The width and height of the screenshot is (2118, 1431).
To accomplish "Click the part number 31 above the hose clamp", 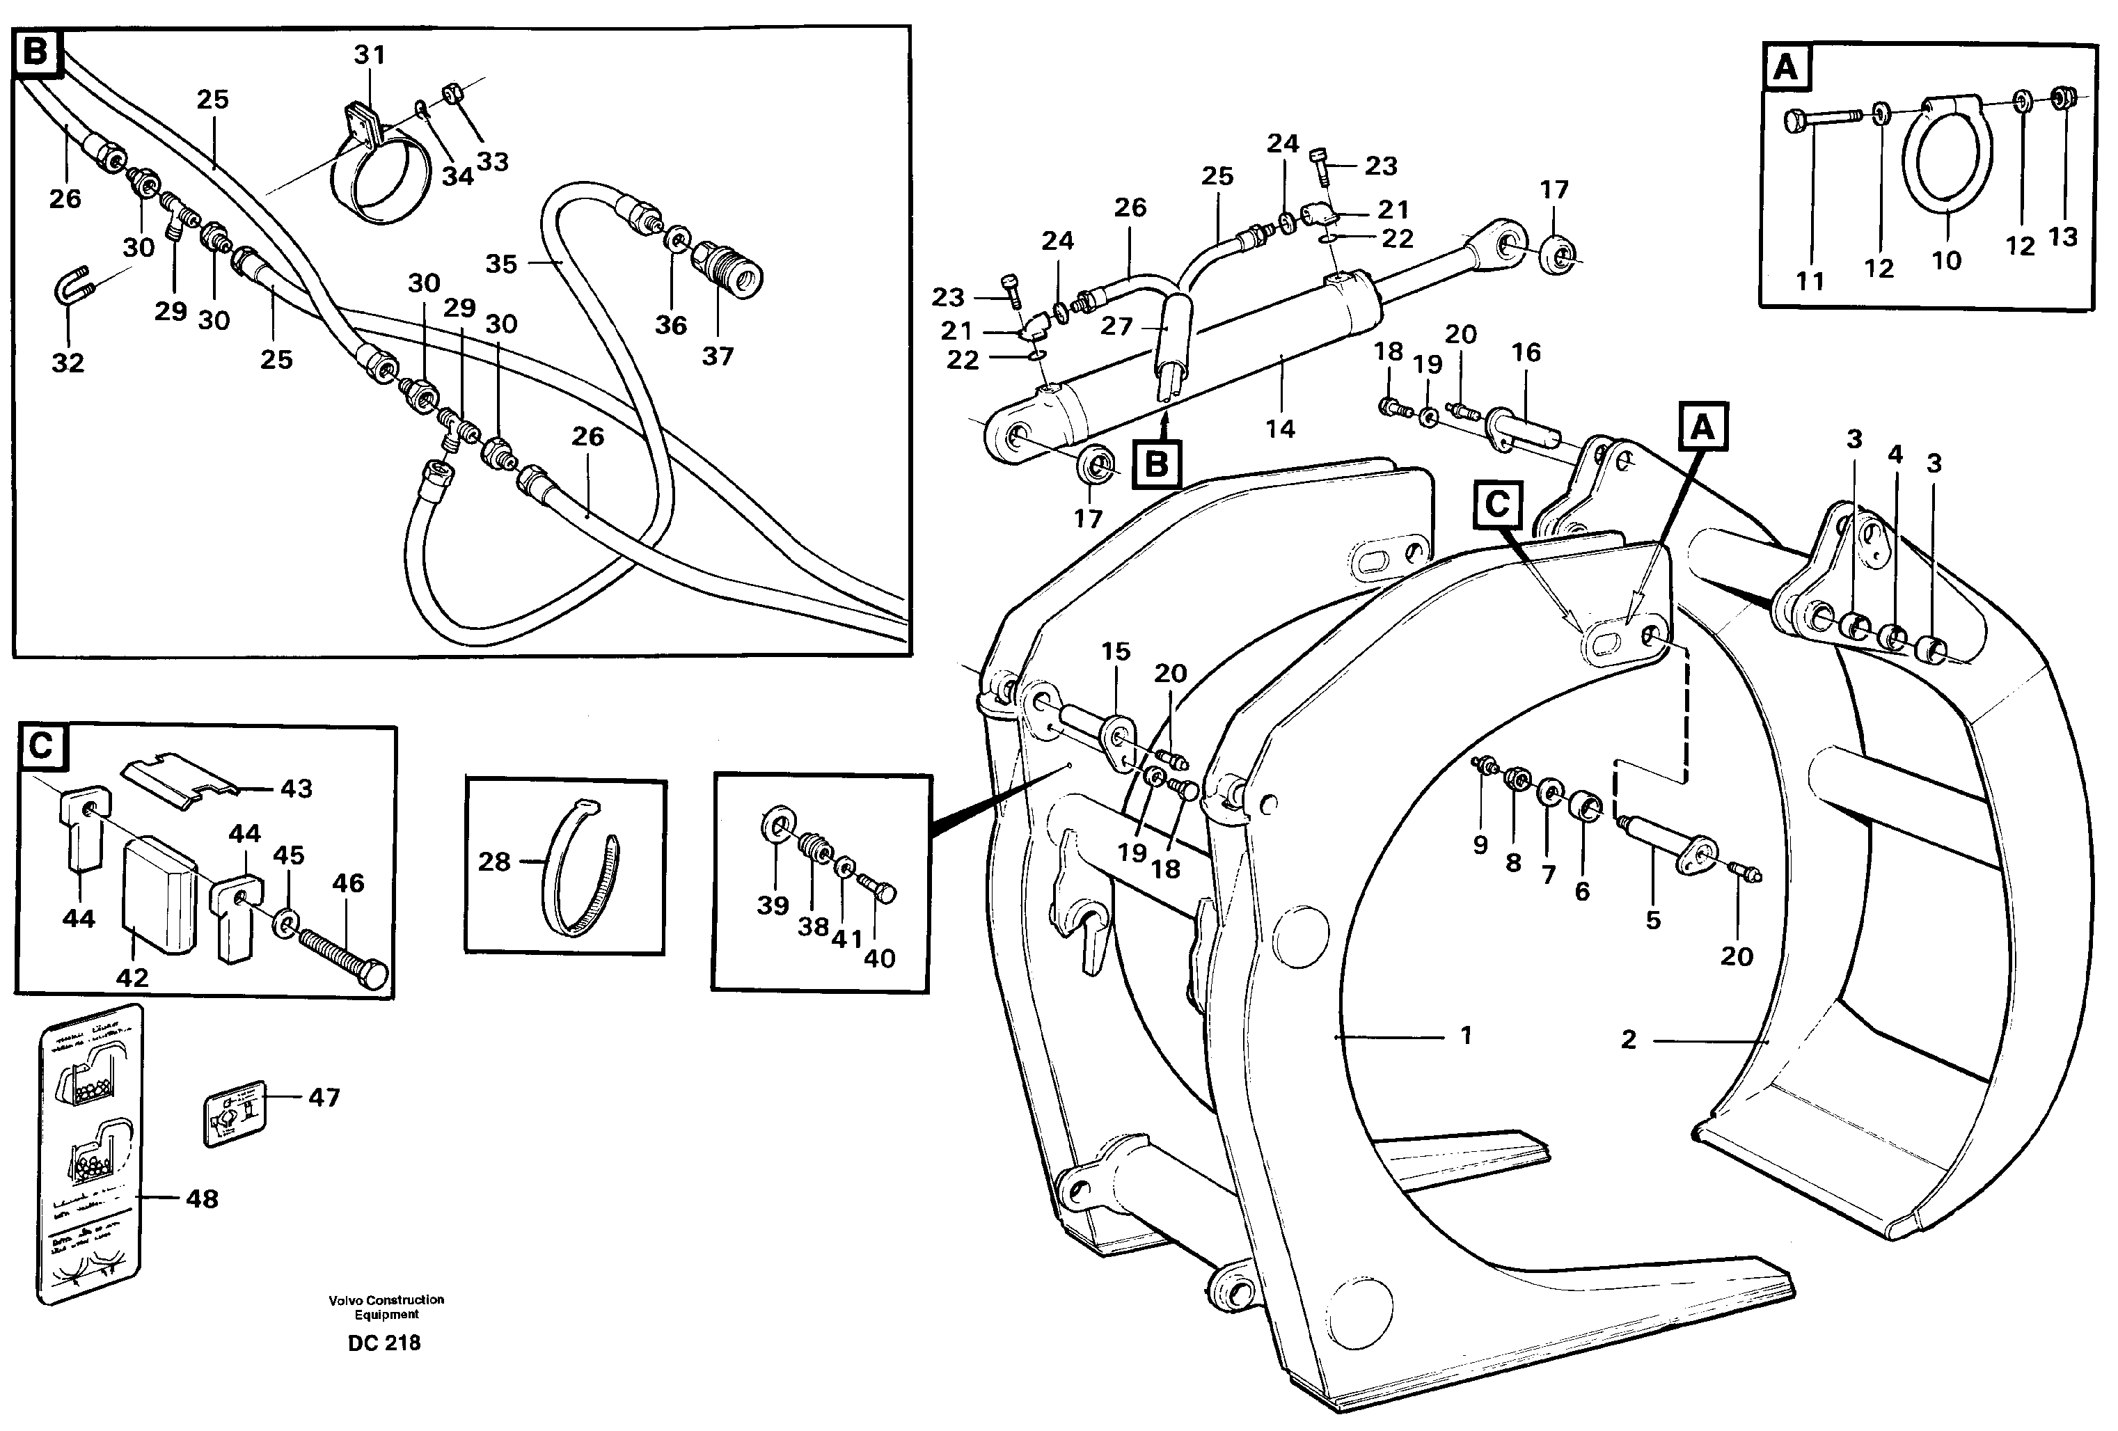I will (369, 56).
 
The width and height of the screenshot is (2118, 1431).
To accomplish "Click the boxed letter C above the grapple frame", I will (1497, 504).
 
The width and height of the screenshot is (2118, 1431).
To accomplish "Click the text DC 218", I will (384, 1343).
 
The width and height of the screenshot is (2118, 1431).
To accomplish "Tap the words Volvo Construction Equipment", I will (386, 1306).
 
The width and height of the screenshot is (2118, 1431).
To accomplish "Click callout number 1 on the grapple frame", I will (1465, 1036).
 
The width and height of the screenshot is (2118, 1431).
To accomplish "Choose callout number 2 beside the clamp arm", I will (1629, 1039).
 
